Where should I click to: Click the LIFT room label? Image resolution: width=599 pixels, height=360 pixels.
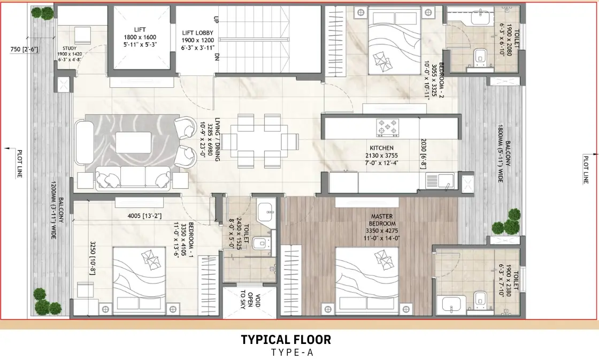point(140,29)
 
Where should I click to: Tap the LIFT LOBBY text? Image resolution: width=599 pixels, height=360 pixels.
point(197,33)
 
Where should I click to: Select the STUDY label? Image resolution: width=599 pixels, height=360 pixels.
point(70,49)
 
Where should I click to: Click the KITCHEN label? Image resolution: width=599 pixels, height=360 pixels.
point(381,148)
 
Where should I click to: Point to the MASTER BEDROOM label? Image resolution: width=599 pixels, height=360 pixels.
point(382,220)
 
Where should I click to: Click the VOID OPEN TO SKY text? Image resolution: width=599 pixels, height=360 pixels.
point(250,299)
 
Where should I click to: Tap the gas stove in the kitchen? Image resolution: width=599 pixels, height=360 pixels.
point(388,128)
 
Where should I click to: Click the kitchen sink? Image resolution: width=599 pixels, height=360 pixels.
point(440,181)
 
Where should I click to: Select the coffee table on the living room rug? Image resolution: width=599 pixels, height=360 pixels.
point(134,142)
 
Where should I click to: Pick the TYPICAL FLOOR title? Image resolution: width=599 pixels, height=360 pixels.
point(286,339)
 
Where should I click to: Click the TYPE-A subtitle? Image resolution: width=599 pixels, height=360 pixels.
point(292,353)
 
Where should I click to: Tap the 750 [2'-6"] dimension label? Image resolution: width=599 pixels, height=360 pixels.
point(24,49)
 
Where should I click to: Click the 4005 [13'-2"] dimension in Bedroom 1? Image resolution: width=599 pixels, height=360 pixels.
point(144,216)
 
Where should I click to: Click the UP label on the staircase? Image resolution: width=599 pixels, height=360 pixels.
point(216,19)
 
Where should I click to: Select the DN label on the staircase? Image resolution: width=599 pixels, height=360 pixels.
point(217,57)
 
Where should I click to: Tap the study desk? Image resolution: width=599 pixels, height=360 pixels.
point(82,35)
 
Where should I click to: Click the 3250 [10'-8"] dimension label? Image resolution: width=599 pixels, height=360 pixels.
point(93,258)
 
